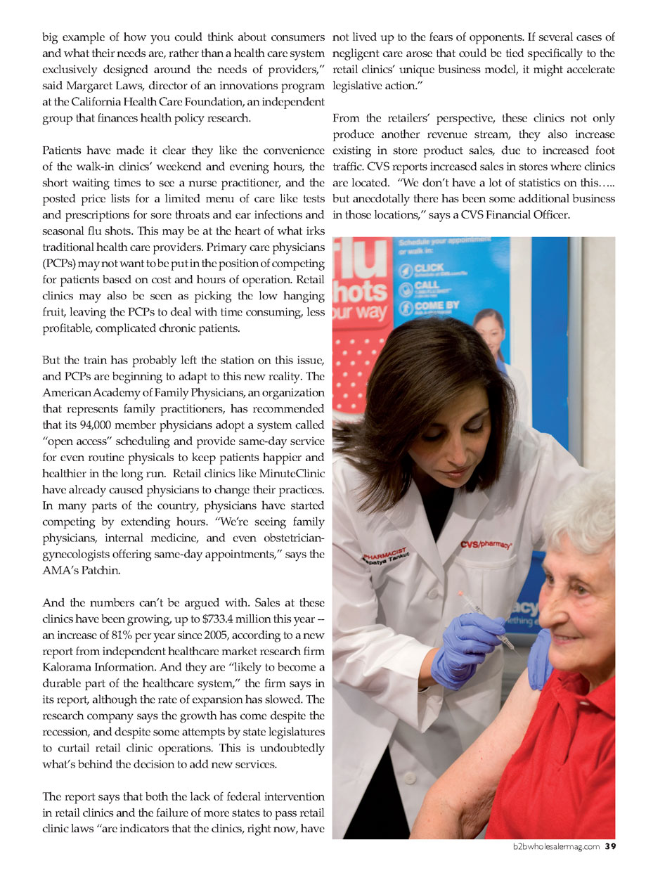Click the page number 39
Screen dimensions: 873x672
click(610, 846)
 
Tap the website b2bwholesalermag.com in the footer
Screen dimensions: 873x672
click(556, 846)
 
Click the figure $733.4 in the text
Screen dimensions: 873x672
click(221, 619)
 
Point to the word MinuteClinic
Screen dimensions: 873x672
click(291, 473)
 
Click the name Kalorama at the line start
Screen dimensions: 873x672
click(66, 667)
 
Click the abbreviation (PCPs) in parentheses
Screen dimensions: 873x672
click(60, 264)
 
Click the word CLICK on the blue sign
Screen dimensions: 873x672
click(429, 268)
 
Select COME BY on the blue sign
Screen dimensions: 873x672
click(437, 306)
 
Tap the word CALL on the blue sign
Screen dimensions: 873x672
click(426, 285)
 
